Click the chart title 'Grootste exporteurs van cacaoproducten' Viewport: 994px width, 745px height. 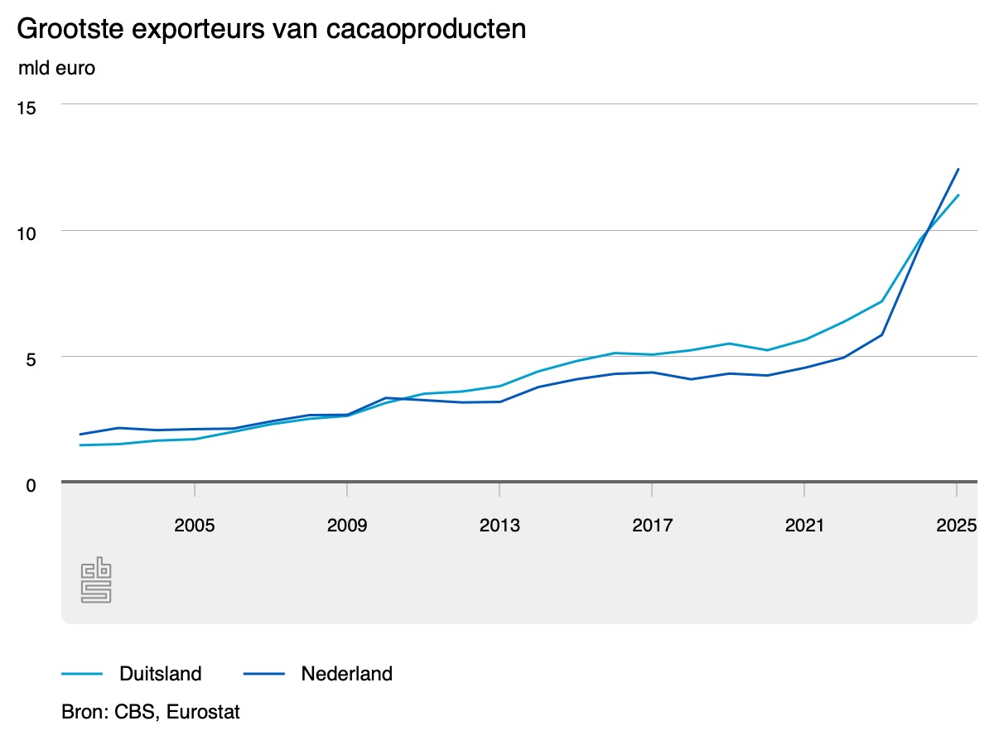pos(271,29)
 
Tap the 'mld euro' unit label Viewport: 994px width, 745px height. pos(56,68)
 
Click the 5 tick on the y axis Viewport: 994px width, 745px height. pos(31,358)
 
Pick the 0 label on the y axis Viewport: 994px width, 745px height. pos(31,484)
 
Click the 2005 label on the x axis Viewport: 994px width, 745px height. pos(194,526)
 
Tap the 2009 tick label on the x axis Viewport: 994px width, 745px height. pos(346,526)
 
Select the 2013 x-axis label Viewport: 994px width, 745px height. pos(499,526)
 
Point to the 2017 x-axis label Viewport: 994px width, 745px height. pos(652,526)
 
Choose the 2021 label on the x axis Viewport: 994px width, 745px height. pos(804,526)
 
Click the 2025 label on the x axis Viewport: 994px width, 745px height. pos(957,526)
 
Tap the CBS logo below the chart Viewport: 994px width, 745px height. pos(96,579)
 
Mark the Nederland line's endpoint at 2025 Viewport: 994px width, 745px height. pos(958,169)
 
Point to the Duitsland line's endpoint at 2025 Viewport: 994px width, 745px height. pos(958,195)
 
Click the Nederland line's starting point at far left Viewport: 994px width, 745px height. pos(80,434)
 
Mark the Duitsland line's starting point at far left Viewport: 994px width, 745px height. pos(80,445)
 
